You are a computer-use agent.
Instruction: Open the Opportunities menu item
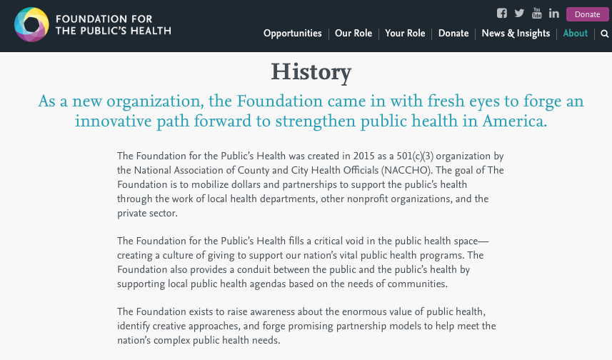coord(292,34)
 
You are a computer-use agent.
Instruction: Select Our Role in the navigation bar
coord(353,34)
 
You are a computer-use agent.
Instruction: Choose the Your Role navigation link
coord(405,34)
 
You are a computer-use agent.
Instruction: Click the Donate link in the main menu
coord(453,34)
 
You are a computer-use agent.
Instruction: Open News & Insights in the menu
coord(516,34)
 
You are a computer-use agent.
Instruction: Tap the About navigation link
coord(575,34)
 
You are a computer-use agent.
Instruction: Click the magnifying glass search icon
coord(604,34)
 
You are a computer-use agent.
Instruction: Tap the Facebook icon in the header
coord(502,14)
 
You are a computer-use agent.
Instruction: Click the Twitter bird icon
coord(519,14)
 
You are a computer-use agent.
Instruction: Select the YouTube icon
coord(537,14)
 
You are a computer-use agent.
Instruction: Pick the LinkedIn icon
coord(553,14)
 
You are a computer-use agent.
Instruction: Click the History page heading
coord(311,72)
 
